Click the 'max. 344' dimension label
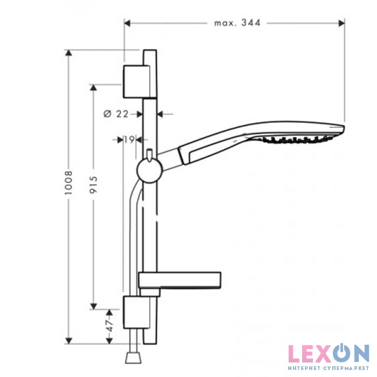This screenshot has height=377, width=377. (238, 23)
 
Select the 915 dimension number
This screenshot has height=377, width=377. (93, 185)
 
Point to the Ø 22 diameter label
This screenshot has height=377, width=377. (116, 114)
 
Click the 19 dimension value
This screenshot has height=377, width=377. (129, 139)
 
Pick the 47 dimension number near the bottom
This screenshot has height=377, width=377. (109, 325)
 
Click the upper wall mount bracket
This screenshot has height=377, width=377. (136, 81)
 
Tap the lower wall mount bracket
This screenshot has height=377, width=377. (136, 312)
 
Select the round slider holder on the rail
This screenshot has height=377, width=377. (149, 170)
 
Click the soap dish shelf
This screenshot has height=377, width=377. (180, 280)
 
